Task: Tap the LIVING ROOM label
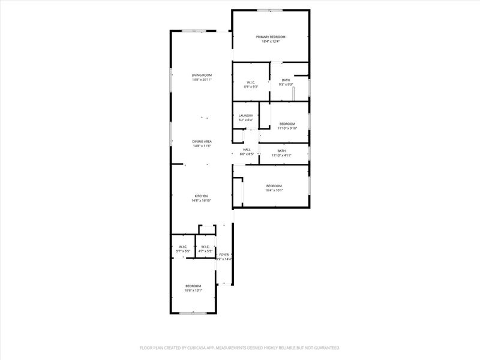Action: point(202,75)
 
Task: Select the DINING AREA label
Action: point(202,142)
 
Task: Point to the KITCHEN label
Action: point(201,196)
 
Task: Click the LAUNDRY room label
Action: point(245,116)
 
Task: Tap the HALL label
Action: point(247,149)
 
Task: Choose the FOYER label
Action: point(224,254)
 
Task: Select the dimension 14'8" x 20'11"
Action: point(202,80)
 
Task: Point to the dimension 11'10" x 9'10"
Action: point(287,128)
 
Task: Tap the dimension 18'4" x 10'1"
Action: point(274,191)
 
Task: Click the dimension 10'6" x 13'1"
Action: point(193,290)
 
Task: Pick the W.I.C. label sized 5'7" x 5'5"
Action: point(183,247)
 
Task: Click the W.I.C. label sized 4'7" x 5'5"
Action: point(205,247)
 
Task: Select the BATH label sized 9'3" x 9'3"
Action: point(286,80)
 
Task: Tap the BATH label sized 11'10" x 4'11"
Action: point(281,151)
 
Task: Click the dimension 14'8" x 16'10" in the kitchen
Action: point(201,201)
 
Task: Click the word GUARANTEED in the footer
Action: point(325,347)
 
